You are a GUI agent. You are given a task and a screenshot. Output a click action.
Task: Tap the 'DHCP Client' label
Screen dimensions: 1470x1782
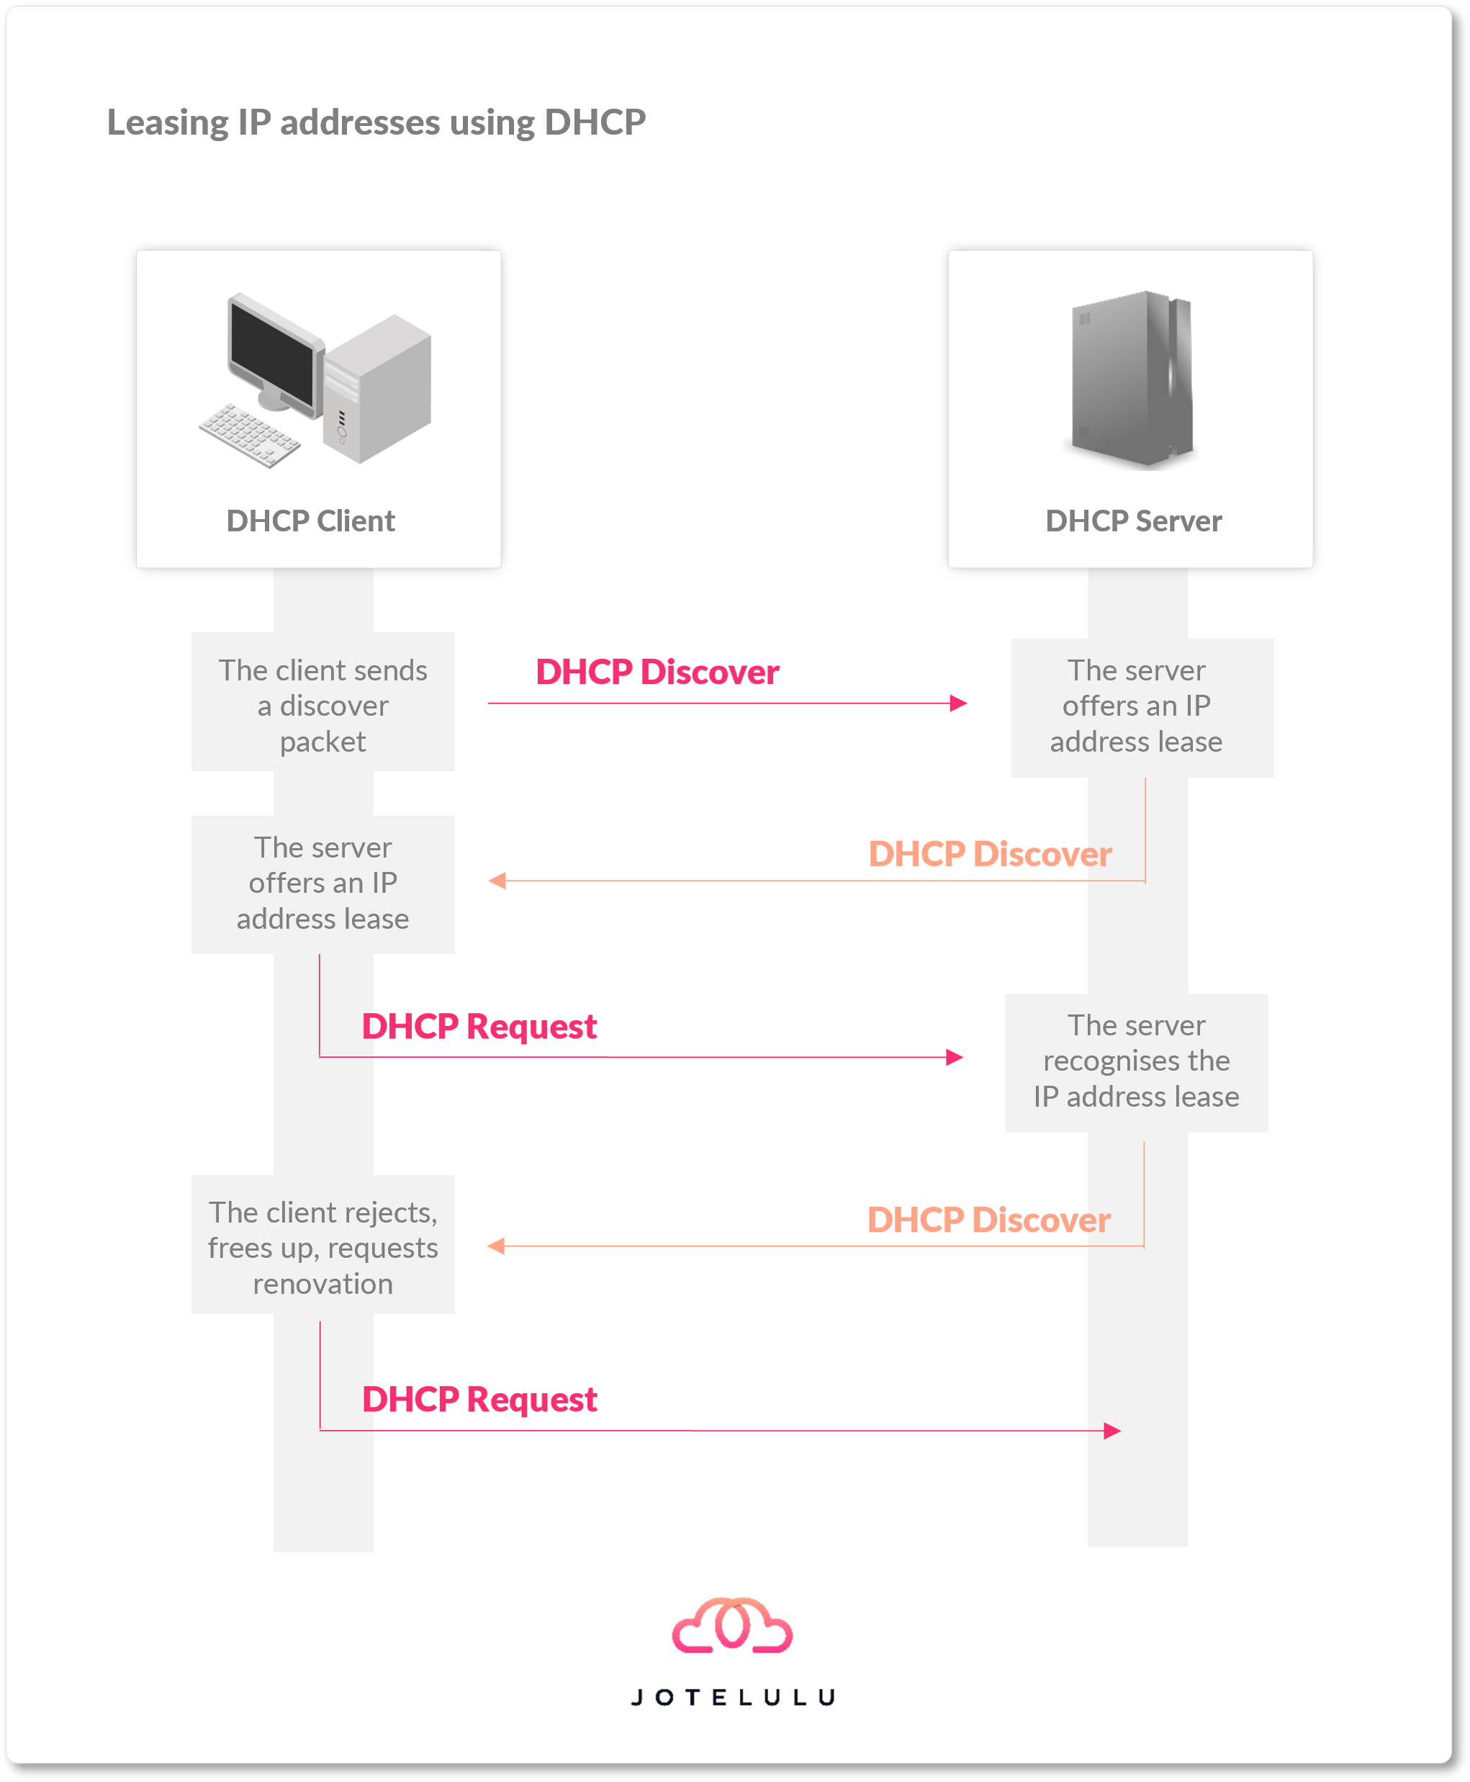coord(311,521)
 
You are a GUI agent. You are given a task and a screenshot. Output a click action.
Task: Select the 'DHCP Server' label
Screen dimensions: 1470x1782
coord(1134,521)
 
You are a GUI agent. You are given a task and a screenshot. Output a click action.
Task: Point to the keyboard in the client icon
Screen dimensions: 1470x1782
coord(249,434)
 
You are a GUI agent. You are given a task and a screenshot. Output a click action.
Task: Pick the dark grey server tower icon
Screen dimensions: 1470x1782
coord(1132,379)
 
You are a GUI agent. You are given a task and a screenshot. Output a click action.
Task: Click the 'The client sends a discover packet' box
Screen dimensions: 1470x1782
coord(323,701)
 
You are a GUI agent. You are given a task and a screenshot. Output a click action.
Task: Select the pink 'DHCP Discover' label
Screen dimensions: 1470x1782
coord(657,672)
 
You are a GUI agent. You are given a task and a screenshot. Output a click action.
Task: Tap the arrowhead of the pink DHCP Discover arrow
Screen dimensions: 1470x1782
coord(959,703)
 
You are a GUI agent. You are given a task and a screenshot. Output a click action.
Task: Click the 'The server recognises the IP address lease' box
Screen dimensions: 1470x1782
coord(1137,1063)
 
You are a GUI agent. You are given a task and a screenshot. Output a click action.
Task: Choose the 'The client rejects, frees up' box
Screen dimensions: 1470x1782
coord(323,1244)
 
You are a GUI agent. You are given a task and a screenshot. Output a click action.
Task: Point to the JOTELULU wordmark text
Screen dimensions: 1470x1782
coord(734,1697)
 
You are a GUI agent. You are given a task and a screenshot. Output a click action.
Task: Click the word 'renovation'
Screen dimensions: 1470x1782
coord(323,1284)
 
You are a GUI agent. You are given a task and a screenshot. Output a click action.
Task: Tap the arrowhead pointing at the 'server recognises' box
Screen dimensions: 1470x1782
coord(955,1057)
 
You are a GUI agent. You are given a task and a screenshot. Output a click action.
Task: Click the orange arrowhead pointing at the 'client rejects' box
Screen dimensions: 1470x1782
coord(496,1246)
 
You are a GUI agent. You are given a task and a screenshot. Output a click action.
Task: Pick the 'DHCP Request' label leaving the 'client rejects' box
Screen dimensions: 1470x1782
coord(479,1399)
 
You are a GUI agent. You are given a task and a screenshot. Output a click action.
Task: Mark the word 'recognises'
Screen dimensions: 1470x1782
coord(1137,1061)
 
